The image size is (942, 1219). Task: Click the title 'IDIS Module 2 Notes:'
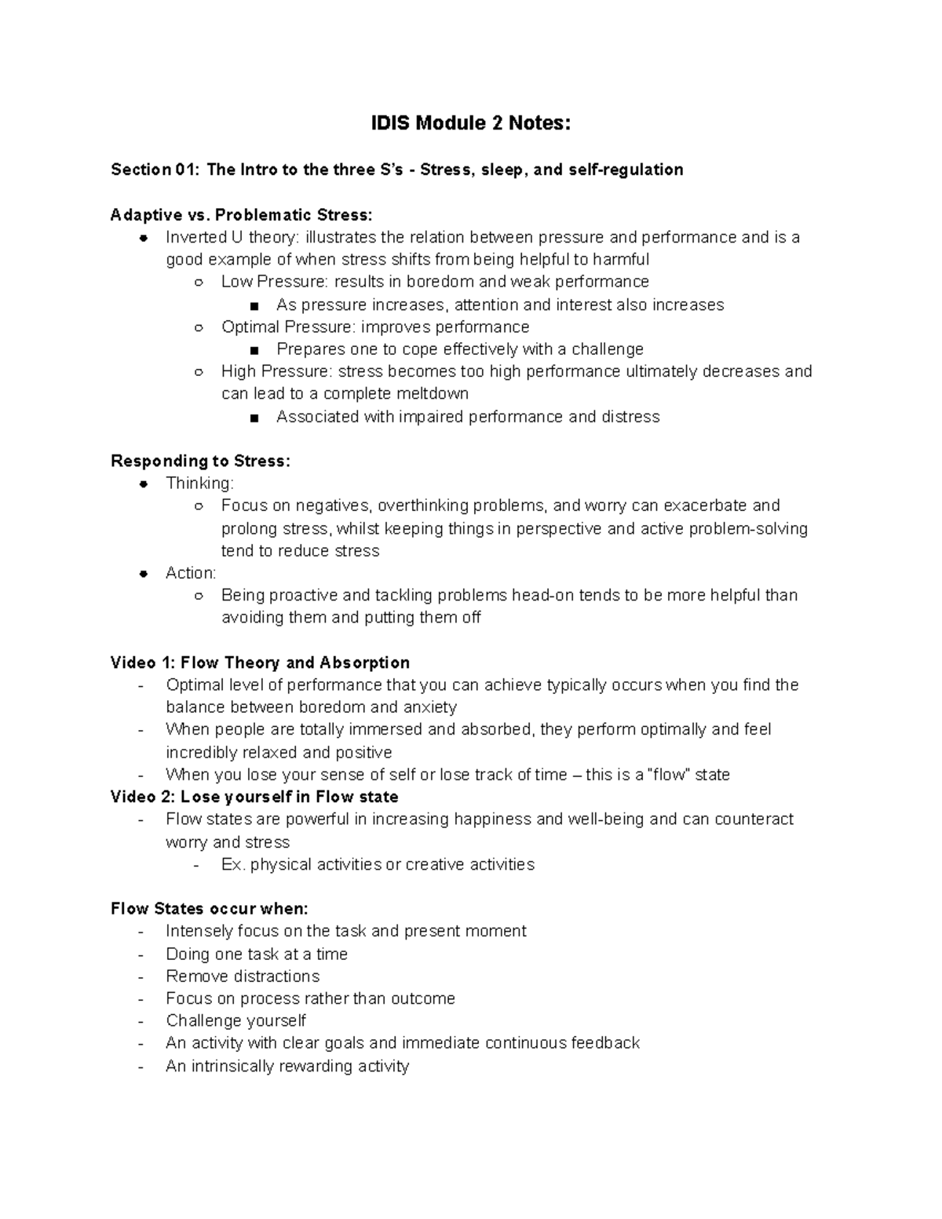471,123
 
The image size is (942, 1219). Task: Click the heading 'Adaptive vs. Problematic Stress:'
242,215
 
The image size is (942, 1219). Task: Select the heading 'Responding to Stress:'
200,461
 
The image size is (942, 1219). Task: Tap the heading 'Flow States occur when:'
210,909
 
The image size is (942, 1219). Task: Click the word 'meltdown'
433,393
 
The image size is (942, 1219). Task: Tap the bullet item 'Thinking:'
199,483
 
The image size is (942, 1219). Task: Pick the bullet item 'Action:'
191,573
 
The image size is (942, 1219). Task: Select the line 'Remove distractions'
243,976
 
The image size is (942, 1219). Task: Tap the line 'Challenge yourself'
235,1021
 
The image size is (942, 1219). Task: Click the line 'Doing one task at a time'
257,954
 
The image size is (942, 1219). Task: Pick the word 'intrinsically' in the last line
236,1066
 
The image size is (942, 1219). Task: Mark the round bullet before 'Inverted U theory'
144,238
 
